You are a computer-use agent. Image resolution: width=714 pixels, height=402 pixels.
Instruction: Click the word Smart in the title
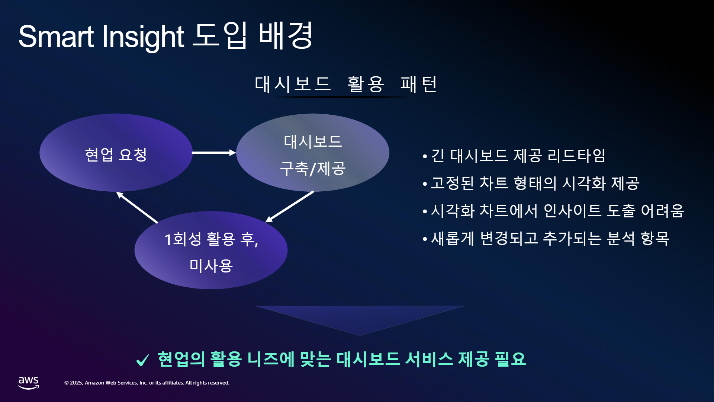pyautogui.click(x=56, y=36)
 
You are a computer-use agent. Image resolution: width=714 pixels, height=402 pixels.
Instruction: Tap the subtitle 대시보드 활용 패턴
pyautogui.click(x=345, y=84)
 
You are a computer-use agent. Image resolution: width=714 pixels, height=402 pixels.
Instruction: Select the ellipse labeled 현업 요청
pyautogui.click(x=116, y=153)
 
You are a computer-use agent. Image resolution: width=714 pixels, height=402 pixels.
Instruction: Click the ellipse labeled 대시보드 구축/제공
pyautogui.click(x=313, y=153)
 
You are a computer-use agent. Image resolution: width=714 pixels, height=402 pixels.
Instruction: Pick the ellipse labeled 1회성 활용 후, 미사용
pyautogui.click(x=211, y=250)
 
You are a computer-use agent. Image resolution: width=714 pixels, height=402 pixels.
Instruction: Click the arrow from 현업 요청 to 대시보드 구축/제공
pyautogui.click(x=214, y=153)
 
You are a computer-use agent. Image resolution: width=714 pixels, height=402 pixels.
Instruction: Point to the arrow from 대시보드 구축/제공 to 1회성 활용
pyautogui.click(x=289, y=207)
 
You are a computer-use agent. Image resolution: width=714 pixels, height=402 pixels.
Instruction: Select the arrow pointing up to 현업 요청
pyautogui.click(x=137, y=207)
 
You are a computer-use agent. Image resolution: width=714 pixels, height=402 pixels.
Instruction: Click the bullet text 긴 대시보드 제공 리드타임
pyautogui.click(x=518, y=156)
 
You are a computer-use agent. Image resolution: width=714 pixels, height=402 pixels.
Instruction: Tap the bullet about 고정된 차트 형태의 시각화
pyautogui.click(x=535, y=183)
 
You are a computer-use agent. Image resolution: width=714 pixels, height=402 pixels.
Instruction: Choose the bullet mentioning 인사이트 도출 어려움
pyautogui.click(x=557, y=211)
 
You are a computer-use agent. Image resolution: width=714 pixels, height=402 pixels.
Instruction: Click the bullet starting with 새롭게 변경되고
pyautogui.click(x=550, y=238)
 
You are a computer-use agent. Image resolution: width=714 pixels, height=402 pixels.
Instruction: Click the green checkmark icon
pyautogui.click(x=142, y=360)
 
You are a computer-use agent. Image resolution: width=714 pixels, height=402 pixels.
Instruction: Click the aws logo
pyautogui.click(x=29, y=383)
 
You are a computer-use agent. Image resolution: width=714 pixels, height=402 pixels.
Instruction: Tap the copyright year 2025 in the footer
pyautogui.click(x=76, y=383)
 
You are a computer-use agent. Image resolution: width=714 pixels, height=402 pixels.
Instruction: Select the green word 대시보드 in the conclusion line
pyautogui.click(x=368, y=359)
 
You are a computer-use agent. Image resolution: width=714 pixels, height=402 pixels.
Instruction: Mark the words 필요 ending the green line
pyautogui.click(x=510, y=359)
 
